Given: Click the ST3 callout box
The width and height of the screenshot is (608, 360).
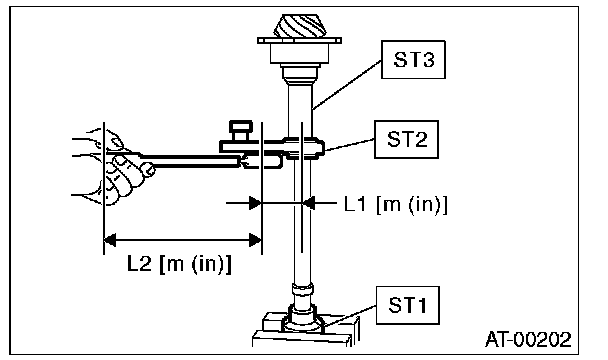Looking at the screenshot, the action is pos(413,60).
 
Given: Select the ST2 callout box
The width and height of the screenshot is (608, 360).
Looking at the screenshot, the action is pos(406,139).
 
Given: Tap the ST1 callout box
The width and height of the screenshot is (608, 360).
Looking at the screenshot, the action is pos(408,305).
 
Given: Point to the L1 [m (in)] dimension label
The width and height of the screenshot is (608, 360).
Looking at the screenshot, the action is pos(396,204).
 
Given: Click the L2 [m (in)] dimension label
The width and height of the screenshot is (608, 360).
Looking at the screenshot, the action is pos(180,264).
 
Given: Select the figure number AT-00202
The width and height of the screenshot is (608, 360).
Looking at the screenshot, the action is pos(528,339).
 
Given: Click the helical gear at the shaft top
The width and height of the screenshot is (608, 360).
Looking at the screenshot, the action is pos(299,26).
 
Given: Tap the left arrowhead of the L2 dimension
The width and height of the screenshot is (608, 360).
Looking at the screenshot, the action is pos(110,240).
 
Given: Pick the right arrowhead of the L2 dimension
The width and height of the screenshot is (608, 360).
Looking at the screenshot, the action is pos(255,240).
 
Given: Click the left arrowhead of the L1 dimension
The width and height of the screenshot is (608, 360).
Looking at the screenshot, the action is pos(255,202).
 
